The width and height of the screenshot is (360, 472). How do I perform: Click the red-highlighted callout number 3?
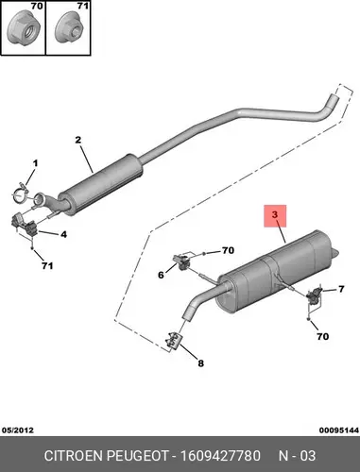275,215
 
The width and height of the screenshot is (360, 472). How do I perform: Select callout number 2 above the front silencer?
78,140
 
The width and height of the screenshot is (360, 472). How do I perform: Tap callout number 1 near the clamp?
35,163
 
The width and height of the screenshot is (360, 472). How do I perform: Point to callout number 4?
64,234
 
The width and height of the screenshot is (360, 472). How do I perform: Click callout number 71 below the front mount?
47,266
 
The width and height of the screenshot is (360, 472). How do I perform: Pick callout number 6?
161,275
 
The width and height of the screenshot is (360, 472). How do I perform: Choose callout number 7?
341,289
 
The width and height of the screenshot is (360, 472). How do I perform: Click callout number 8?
200,363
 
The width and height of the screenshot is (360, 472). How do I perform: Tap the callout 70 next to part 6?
228,250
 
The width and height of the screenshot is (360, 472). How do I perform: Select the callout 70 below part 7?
322,337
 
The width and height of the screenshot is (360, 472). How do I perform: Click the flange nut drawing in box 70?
21,31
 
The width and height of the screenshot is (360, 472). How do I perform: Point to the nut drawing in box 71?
70,31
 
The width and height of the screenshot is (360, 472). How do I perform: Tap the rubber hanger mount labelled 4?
25,224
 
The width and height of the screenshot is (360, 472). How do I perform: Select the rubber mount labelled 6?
181,261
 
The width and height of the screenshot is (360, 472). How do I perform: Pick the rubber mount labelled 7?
315,295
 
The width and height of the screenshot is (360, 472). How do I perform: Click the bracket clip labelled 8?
174,341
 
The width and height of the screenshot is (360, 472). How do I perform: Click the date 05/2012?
18,430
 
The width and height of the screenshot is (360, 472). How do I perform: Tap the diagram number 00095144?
339,430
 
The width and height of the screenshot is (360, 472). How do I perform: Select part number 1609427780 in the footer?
220,456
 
